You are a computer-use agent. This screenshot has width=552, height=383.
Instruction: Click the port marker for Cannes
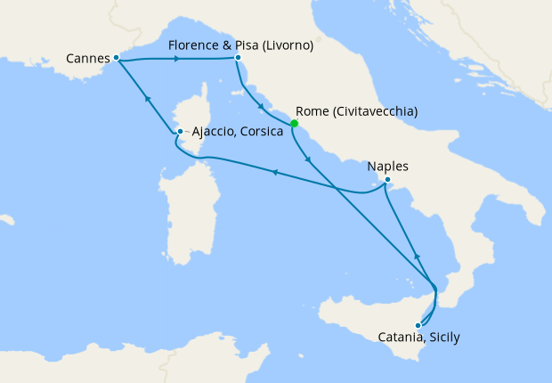pos(117,58)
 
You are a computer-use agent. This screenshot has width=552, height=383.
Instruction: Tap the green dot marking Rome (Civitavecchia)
pos(294,124)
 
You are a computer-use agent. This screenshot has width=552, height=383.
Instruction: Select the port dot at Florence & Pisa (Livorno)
pos(238,58)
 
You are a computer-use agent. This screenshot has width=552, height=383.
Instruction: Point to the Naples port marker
pos(387,180)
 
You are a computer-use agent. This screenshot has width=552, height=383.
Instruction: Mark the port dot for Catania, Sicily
pos(418,325)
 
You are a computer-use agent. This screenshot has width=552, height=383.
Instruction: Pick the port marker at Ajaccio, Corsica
pos(180,132)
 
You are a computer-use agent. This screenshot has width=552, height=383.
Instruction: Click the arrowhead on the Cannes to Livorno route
pos(178,60)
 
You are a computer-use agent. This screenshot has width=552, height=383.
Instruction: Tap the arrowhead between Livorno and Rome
pos(261,109)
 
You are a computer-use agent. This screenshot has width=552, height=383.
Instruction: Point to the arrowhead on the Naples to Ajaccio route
pos(274,173)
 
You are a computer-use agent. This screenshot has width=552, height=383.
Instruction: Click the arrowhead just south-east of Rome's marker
pos(308,160)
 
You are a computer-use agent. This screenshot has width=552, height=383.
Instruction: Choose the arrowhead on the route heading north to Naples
pos(417,256)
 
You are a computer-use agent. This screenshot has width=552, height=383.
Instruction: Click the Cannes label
pos(87,59)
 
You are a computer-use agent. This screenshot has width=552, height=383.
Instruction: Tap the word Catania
pos(399,338)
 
